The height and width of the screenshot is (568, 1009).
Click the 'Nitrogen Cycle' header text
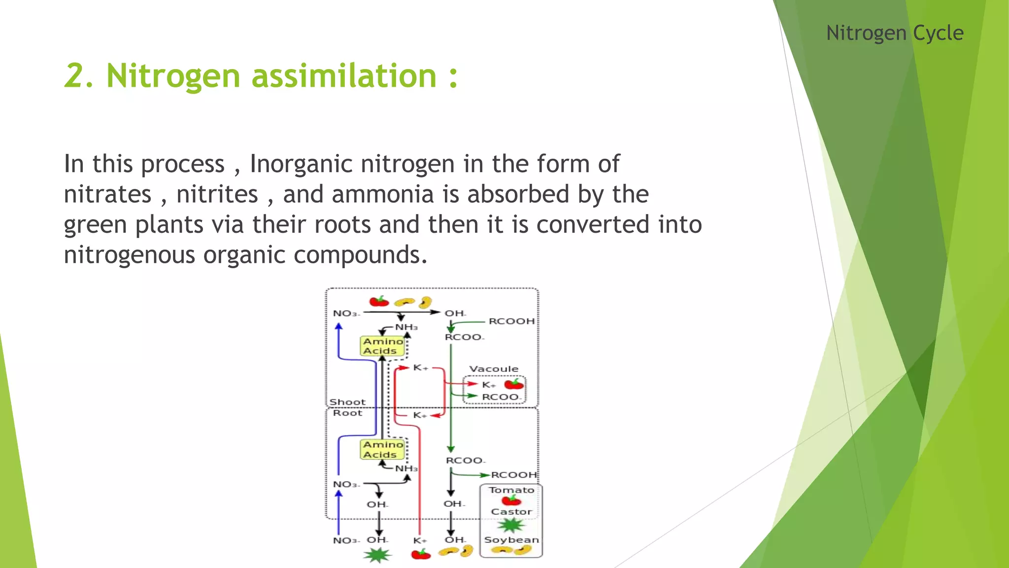(894, 33)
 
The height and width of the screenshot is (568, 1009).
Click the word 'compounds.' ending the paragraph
(360, 255)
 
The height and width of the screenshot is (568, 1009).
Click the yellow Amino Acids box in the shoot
(383, 346)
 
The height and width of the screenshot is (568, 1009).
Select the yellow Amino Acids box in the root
(383, 449)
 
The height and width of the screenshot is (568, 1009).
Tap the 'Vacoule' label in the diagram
(494, 369)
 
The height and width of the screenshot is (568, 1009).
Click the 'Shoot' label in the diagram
(347, 402)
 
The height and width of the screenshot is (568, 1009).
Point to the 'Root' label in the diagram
(347, 413)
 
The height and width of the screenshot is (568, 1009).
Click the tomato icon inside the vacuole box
(514, 384)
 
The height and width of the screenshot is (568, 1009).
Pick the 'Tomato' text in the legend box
(511, 490)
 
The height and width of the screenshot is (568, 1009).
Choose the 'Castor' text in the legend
(511, 512)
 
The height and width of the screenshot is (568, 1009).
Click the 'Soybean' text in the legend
(511, 540)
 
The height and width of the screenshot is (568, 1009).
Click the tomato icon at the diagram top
(379, 301)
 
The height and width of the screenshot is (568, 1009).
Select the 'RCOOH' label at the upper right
(511, 321)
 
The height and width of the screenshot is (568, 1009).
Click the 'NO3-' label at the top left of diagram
(346, 314)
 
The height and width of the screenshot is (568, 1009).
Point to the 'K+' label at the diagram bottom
(420, 541)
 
